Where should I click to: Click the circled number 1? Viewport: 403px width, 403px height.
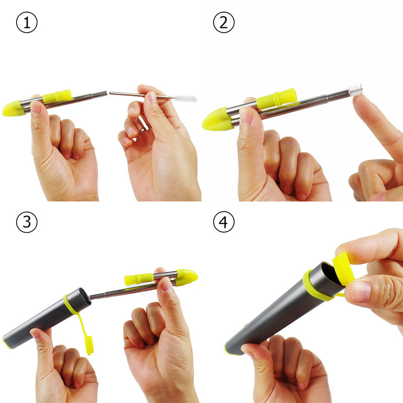point(27,22)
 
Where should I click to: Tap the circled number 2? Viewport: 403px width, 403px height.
point(224,22)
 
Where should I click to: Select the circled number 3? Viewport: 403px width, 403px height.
point(27,222)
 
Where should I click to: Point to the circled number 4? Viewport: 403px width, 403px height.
point(224,222)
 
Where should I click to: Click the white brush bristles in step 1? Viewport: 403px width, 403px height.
point(185,98)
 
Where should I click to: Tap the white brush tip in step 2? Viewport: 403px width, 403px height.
point(356,91)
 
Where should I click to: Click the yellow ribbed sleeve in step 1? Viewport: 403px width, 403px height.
point(57,96)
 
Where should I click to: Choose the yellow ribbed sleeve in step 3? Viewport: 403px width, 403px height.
point(139,279)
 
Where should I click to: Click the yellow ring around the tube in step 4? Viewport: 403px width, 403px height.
point(315,286)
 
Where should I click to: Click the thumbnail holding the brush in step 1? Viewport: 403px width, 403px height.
point(152,97)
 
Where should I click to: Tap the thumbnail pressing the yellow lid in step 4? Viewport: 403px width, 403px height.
point(361,291)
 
